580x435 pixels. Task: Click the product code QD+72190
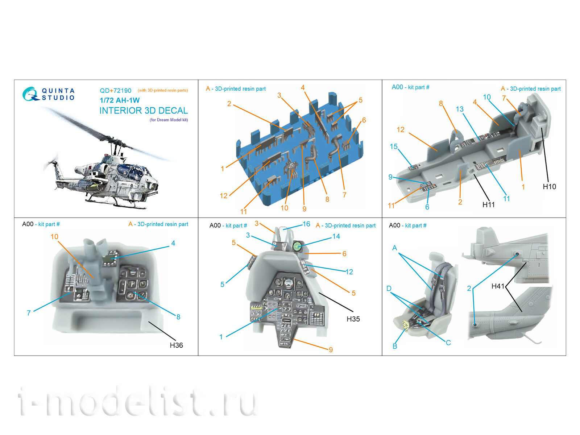point(115,91)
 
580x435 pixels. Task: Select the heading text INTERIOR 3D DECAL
point(144,111)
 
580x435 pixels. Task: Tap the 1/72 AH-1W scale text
point(119,100)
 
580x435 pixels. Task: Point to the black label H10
point(549,186)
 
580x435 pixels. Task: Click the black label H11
point(488,204)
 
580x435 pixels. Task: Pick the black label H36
point(176,345)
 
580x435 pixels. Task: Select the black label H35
point(353,319)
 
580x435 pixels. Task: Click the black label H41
point(498,286)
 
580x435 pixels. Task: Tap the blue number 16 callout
point(306,224)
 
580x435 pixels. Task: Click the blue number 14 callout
point(336,236)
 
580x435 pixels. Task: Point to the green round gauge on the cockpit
point(297,246)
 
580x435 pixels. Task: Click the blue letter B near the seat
point(395,346)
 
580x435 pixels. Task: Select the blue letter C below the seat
point(448,343)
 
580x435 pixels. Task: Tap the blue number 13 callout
point(460,109)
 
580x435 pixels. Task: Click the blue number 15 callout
point(393,146)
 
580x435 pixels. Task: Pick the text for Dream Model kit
point(169,120)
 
